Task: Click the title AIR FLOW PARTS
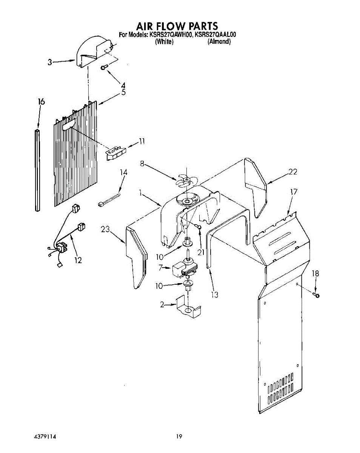(177, 26)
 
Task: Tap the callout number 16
(41, 102)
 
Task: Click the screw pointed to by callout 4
(104, 67)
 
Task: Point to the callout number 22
(293, 172)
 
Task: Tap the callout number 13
(215, 295)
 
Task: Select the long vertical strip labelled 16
(37, 170)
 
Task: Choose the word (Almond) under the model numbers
(219, 42)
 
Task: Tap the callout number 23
(105, 229)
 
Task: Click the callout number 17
(294, 192)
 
